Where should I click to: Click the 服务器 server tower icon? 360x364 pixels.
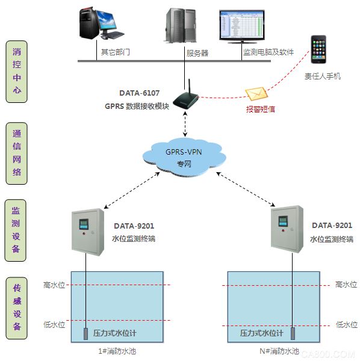point(181,25)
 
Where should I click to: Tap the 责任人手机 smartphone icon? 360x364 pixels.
point(318,49)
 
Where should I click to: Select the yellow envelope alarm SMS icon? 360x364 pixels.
point(256,94)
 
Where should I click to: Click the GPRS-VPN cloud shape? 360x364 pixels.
point(184,157)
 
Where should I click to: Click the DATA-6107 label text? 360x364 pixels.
point(139,93)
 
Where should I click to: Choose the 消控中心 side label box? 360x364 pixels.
point(16,72)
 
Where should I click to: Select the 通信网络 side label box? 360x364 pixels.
point(16,153)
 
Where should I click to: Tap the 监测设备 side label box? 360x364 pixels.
point(16,230)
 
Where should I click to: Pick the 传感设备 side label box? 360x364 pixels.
point(16,308)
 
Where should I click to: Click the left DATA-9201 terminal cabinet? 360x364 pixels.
point(88,232)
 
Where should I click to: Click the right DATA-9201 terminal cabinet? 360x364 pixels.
point(287,229)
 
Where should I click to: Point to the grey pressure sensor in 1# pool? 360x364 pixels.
point(85,334)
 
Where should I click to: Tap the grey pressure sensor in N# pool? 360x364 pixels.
point(293,333)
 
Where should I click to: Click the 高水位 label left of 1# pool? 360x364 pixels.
point(54,285)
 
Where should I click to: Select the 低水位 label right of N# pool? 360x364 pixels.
point(347,324)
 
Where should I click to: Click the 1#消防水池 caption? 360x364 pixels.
point(117,351)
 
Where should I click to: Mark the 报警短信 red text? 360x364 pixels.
point(261,109)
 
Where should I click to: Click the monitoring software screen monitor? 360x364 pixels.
point(242,26)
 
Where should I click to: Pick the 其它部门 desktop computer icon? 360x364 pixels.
point(101,23)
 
